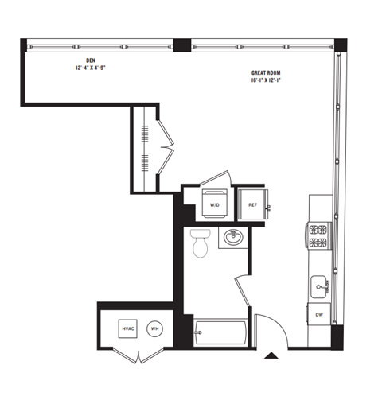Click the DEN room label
pyautogui.click(x=90, y=60)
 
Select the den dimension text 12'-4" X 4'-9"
pyautogui.click(x=90, y=68)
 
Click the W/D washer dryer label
pyautogui.click(x=214, y=205)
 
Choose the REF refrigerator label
pyautogui.click(x=252, y=205)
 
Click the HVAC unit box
pyautogui.click(x=127, y=328)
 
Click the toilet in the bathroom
pyautogui.click(x=200, y=244)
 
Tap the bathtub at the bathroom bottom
pyautogui.click(x=220, y=332)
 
